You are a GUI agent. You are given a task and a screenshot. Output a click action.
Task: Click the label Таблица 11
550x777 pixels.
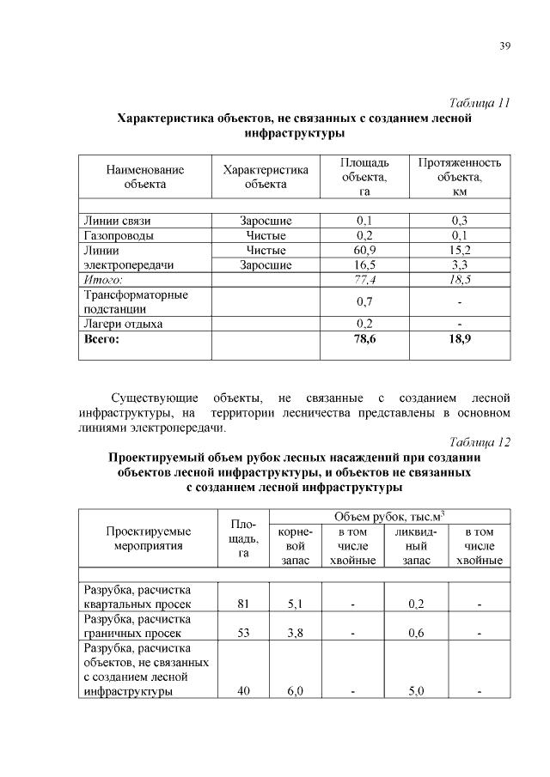pos(481,103)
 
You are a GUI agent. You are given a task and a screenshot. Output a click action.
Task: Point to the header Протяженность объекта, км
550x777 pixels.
pos(459,176)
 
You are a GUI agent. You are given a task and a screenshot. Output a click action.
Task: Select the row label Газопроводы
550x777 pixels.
pos(119,235)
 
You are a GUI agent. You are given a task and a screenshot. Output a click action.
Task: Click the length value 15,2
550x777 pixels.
pos(459,250)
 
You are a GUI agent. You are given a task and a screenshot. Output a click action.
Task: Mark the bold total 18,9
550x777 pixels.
pos(459,340)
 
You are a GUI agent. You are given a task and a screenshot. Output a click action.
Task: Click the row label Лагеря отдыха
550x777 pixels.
pos(123,325)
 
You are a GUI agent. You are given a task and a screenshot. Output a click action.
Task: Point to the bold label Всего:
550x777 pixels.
pos(101,340)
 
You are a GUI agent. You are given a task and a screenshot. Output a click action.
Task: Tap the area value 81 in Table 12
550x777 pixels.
pos(243,604)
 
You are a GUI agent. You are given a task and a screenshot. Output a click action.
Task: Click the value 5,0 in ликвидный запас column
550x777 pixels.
pos(416,693)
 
